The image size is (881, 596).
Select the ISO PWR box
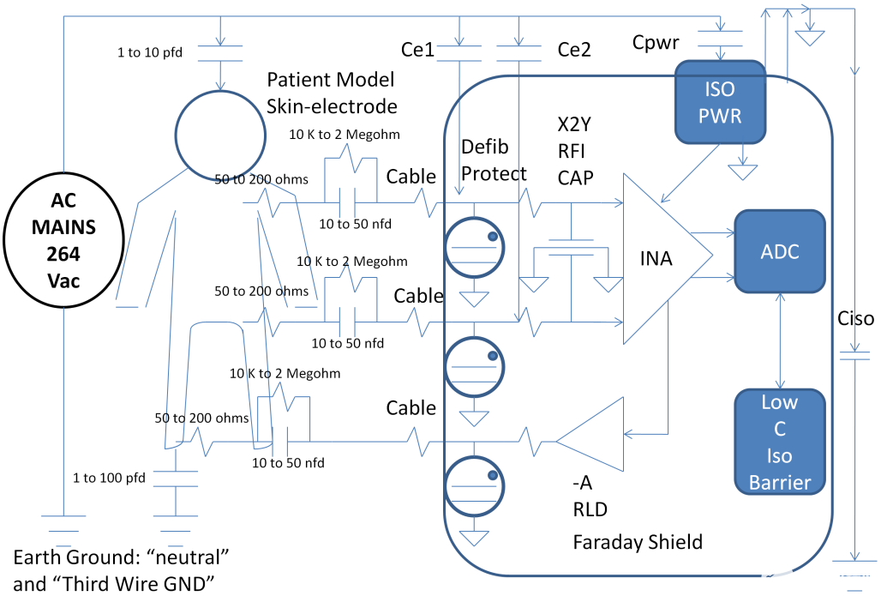(720, 101)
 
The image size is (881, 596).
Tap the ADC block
(779, 251)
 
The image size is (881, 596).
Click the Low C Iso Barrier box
(779, 442)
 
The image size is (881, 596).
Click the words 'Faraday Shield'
(638, 542)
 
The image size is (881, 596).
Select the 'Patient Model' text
(331, 80)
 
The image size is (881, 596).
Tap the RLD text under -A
(590, 510)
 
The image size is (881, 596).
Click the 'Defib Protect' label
(493, 160)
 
